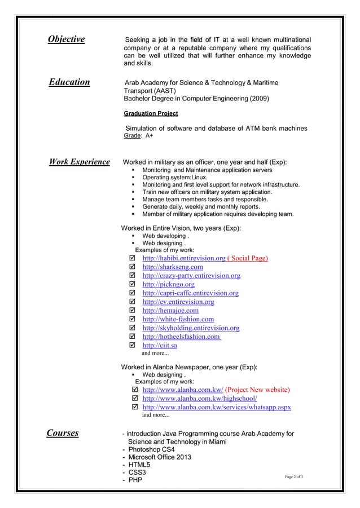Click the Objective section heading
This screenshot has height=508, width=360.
pyautogui.click(x=66, y=39)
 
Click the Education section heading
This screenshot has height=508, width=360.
pyautogui.click(x=69, y=82)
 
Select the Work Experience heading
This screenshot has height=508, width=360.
pyautogui.click(x=80, y=162)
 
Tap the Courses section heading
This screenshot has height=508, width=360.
pyautogui.click(x=62, y=433)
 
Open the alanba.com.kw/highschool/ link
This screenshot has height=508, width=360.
pyautogui.click(x=200, y=399)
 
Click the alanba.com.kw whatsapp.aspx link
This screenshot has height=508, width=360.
pyautogui.click(x=217, y=407)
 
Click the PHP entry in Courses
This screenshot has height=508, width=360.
pyautogui.click(x=135, y=480)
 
